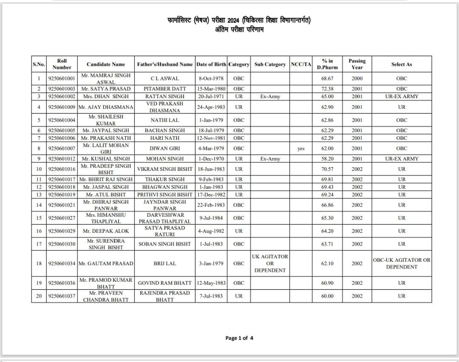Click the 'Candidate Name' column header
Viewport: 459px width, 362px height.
(106, 64)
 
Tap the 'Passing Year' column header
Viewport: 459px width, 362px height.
(357, 64)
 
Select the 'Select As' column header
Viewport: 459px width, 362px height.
(402, 64)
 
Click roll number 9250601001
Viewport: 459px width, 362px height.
(62, 79)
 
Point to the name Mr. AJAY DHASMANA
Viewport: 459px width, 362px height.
(106, 107)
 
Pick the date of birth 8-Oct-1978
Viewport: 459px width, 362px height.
(211, 79)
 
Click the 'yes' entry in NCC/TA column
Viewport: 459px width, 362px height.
(301, 149)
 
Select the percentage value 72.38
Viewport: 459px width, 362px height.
(327, 89)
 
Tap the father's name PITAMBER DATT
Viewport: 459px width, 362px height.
(165, 89)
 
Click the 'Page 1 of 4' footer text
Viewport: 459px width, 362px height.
(239, 338)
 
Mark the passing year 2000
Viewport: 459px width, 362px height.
(357, 79)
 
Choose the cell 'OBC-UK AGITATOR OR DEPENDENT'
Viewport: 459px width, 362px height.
(402, 263)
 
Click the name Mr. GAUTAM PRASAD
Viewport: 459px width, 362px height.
(106, 263)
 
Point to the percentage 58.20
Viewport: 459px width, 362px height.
(327, 159)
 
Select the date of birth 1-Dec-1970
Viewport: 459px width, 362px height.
(211, 159)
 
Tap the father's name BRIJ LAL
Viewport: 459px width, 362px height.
(165, 263)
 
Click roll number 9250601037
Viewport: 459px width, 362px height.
(62, 296)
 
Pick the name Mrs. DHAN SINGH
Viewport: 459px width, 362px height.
(106, 96)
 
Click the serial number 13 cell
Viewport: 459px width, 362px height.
(39, 195)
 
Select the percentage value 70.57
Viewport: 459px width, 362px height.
(327, 169)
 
